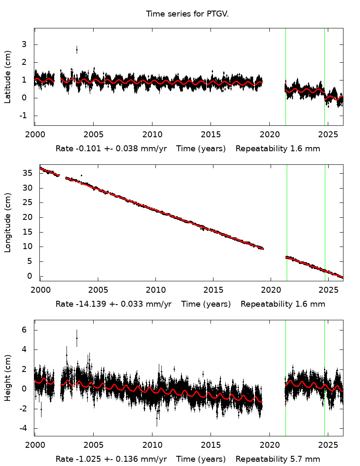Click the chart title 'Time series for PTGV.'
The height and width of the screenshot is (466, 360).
187,14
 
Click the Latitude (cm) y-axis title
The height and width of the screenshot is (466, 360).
8,77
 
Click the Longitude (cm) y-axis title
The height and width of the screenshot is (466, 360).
8,222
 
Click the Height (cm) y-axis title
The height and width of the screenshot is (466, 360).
8,377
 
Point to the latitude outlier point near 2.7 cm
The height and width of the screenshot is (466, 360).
77,50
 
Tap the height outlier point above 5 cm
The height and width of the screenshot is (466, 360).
77,338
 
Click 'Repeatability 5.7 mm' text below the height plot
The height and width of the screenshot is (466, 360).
278,459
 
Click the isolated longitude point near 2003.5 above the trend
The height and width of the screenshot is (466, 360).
81,175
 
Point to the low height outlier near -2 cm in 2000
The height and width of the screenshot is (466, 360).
41,409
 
